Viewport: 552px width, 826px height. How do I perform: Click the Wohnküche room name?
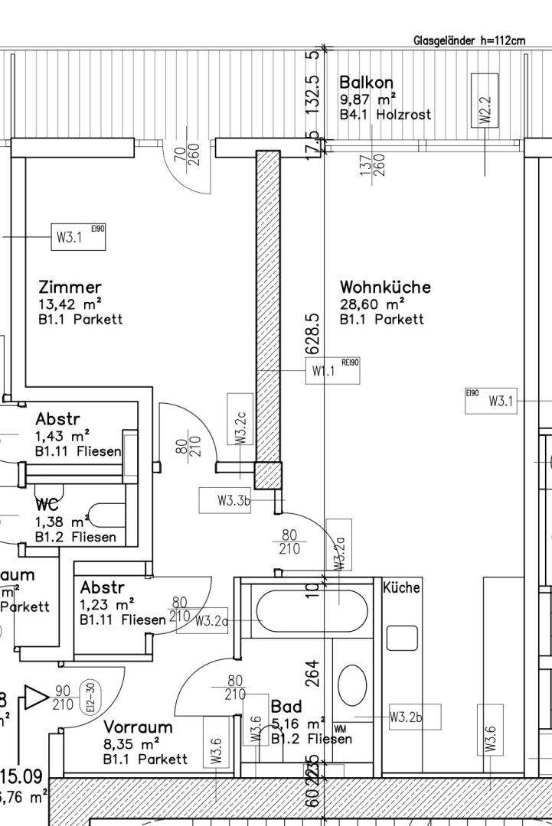pos(385,288)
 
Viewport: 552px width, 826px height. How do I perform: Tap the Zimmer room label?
pos(70,288)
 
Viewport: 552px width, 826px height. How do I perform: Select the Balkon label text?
pos(367,83)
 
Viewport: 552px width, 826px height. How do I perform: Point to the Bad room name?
pos(286,707)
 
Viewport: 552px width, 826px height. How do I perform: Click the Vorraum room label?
pos(138,727)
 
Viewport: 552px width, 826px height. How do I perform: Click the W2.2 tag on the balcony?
pos(485,108)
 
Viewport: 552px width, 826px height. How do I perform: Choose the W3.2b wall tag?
pos(406,717)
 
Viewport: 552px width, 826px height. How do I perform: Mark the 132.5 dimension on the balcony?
pos(312,93)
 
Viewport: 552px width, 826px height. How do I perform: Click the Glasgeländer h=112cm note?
pos(469,41)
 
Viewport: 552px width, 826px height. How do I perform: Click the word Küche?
pos(401,588)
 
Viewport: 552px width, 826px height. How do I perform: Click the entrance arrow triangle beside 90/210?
pos(35,697)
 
